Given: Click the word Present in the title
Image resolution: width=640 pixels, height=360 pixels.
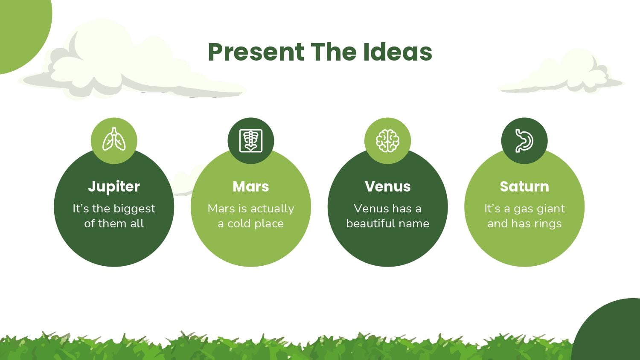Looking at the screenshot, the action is click(256, 52).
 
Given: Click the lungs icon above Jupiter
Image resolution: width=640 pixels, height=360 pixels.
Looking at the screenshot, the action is click(114, 139).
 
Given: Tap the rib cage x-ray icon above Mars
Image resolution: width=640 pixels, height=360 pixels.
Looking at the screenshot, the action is click(251, 141).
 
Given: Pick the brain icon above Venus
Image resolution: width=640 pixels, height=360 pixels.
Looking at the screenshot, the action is click(388, 141).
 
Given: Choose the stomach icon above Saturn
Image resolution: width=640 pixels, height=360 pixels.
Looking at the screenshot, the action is click(524, 141).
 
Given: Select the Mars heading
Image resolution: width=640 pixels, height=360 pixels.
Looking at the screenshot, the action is click(251, 186).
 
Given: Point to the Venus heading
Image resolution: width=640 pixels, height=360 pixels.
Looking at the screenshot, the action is click(388, 186).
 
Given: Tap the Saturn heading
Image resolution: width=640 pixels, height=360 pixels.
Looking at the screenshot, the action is click(524, 186).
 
